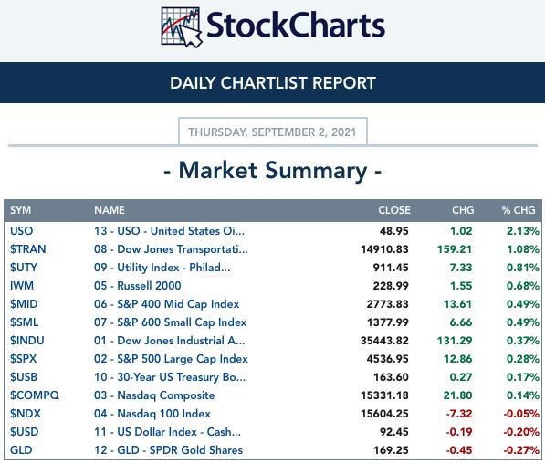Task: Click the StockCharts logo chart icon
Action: click(x=181, y=27)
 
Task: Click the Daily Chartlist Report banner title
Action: click(x=273, y=83)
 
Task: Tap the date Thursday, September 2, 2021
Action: click(x=272, y=132)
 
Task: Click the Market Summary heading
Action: click(x=272, y=171)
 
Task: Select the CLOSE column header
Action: click(x=394, y=210)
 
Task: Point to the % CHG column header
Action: click(x=519, y=210)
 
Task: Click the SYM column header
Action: click(x=20, y=210)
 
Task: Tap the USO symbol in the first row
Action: click(x=22, y=231)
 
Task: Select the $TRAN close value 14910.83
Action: click(x=384, y=249)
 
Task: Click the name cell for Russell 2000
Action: click(x=137, y=286)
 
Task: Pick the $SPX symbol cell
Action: click(x=24, y=359)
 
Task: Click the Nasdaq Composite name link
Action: click(x=154, y=395)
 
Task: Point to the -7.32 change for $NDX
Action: click(x=459, y=414)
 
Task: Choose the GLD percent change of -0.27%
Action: click(x=521, y=450)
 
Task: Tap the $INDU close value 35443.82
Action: click(x=384, y=341)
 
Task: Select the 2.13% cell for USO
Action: click(x=523, y=231)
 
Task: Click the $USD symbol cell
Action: click(x=25, y=432)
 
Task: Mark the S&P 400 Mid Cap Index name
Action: click(x=166, y=304)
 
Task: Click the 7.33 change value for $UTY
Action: click(x=461, y=268)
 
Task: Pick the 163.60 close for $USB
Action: click(x=391, y=377)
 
